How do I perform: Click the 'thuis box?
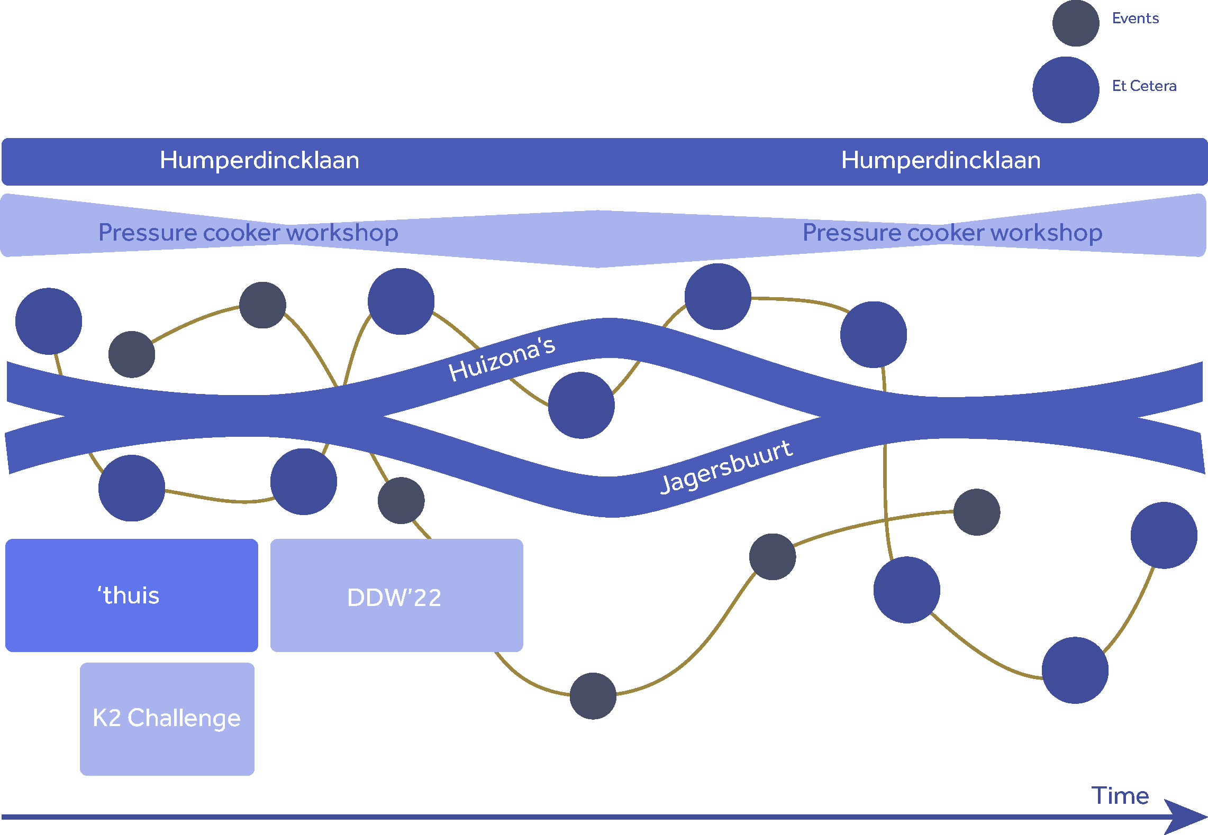pyautogui.click(x=131, y=595)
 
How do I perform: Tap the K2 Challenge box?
pyautogui.click(x=167, y=719)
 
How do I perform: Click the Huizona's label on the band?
pyautogui.click(x=502, y=359)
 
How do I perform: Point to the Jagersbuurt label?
pyautogui.click(x=726, y=467)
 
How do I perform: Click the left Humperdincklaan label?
pyautogui.click(x=259, y=160)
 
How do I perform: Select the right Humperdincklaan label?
pyautogui.click(x=940, y=160)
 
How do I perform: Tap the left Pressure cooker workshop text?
pyautogui.click(x=248, y=233)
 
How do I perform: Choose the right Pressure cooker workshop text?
pyautogui.click(x=952, y=233)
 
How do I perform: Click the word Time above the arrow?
pyautogui.click(x=1120, y=795)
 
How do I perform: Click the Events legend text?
pyautogui.click(x=1135, y=19)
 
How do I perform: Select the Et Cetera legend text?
pyautogui.click(x=1144, y=86)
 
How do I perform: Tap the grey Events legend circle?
pyautogui.click(x=1075, y=23)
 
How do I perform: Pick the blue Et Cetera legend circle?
pyautogui.click(x=1066, y=90)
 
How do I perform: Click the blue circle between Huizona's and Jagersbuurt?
pyautogui.click(x=581, y=405)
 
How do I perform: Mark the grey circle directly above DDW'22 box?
pyautogui.click(x=401, y=500)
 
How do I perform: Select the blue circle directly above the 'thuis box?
pyautogui.click(x=132, y=488)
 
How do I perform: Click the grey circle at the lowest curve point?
pyautogui.click(x=593, y=695)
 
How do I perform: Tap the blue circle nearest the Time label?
pyautogui.click(x=1075, y=670)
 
